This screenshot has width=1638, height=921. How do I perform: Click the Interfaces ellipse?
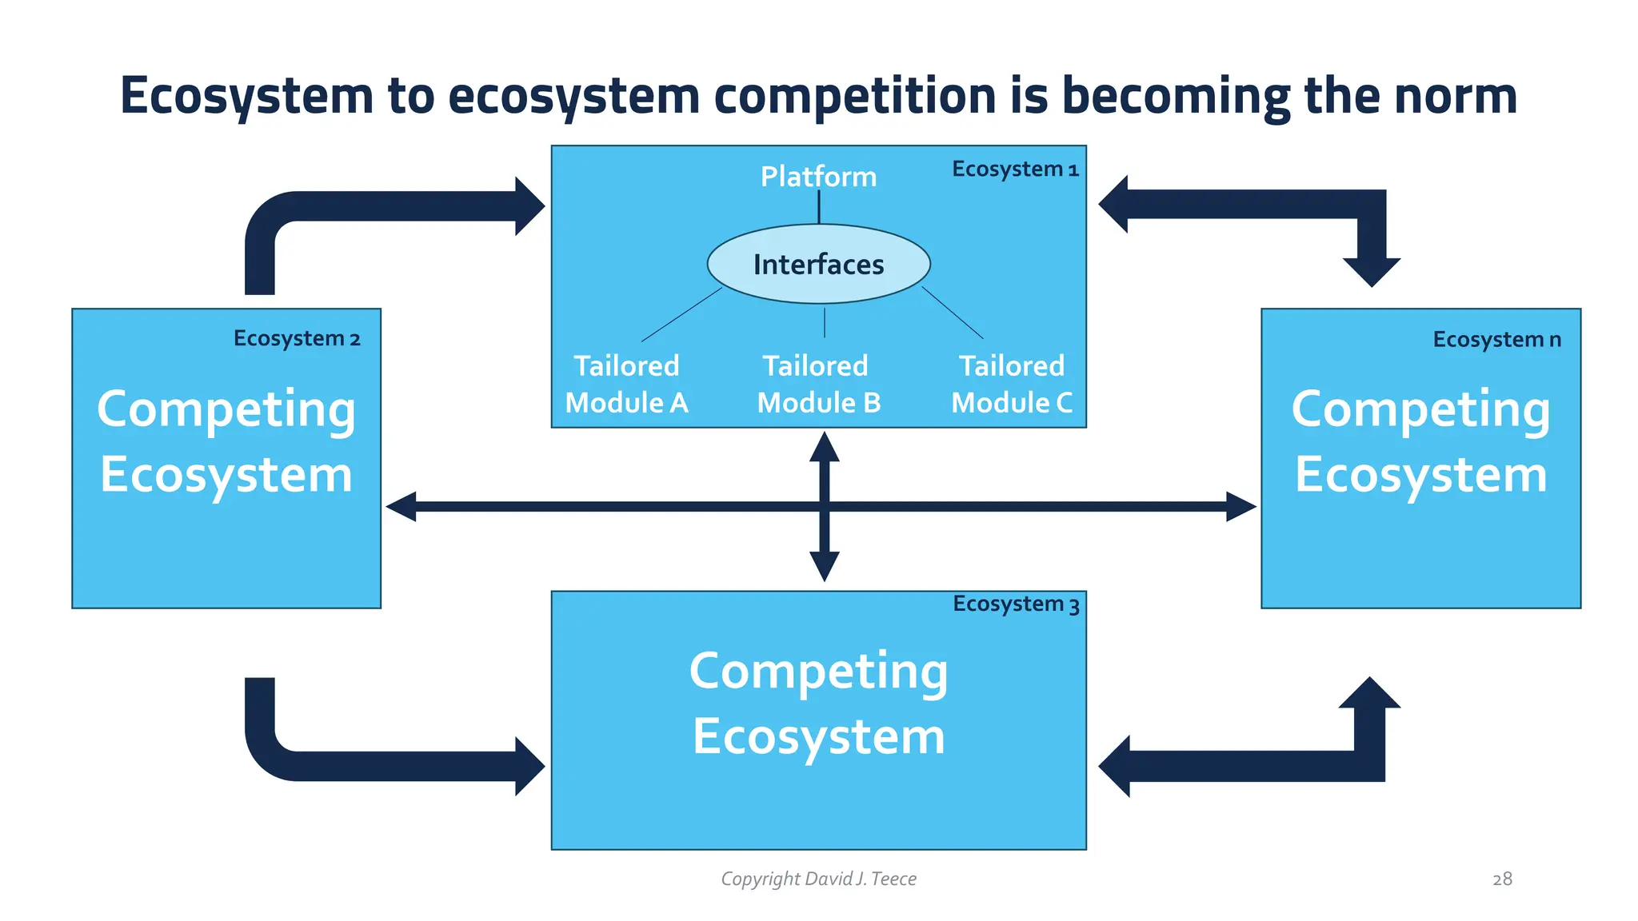coord(818,265)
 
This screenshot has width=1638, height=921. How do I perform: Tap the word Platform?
coord(818,177)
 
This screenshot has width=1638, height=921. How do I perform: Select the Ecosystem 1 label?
coord(1015,169)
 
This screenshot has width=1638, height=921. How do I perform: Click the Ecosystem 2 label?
coord(297,339)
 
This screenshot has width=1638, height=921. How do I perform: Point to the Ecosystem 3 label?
coord(1016,604)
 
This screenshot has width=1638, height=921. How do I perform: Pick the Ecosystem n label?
coord(1496,340)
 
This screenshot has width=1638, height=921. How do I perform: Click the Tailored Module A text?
coord(626,385)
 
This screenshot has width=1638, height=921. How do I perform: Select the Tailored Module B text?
coord(818,385)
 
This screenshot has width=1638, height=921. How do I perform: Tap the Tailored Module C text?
coord(1012,385)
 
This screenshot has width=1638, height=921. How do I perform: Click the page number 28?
coord(1502,879)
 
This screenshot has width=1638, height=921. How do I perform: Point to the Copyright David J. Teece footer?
coord(818,879)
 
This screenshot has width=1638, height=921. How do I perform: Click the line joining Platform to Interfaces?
coord(819,208)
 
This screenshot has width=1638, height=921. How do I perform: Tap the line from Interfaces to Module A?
coord(681,315)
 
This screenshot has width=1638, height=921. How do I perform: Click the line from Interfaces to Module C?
coord(953,313)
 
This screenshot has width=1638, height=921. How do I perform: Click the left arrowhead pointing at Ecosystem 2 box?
coord(402,507)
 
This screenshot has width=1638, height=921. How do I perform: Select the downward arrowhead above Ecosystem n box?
coord(1372,272)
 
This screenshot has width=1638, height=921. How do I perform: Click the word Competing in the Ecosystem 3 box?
coord(818,672)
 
